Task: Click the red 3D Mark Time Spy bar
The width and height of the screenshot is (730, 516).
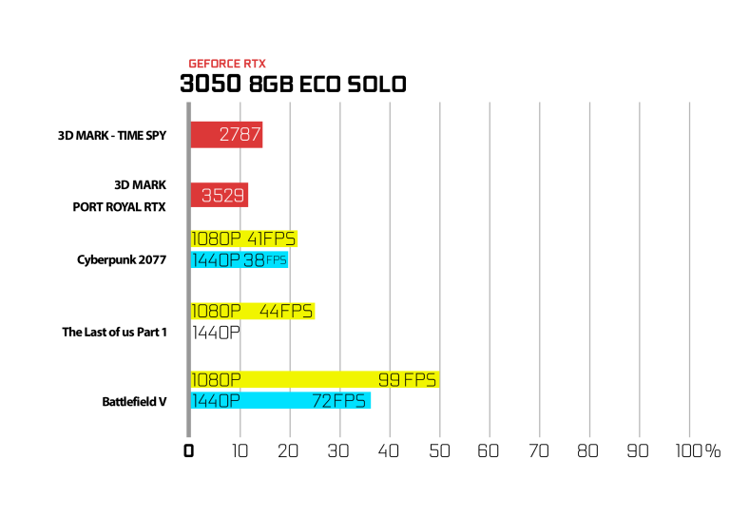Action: point(227,135)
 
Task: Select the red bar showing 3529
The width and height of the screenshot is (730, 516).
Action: point(220,195)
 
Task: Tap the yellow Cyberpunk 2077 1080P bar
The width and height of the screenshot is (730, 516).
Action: point(244,239)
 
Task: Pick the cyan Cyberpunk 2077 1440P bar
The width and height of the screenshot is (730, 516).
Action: point(240,259)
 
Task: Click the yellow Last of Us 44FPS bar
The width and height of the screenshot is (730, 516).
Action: point(253,311)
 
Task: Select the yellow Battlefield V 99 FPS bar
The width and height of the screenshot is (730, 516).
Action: point(316,380)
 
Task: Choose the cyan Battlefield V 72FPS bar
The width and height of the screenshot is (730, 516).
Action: point(280,401)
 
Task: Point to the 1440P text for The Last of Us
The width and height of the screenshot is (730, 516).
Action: point(216,333)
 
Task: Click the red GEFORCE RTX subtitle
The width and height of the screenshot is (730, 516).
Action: point(227,64)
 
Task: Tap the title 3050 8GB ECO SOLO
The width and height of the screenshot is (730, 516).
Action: point(294,85)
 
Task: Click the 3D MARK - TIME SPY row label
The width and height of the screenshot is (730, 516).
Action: point(112,135)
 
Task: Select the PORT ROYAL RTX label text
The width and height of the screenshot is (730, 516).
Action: point(119,207)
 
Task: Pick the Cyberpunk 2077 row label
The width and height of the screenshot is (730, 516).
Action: point(122,259)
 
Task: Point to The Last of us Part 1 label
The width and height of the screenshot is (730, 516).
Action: point(114,333)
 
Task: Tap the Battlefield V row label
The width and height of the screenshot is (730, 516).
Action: point(135,402)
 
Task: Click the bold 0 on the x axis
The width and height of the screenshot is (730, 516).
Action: point(188,450)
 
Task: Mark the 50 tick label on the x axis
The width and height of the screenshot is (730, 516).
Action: point(439,450)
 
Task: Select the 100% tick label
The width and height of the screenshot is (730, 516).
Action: point(698,450)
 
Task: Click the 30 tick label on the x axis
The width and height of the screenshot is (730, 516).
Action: point(338,450)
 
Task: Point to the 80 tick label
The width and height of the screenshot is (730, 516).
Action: point(588,450)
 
